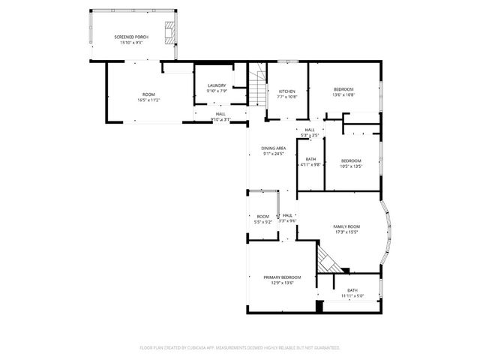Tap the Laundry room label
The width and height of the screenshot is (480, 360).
(x=217, y=85)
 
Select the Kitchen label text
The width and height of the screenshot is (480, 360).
(x=287, y=91)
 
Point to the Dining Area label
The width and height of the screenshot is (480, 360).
(x=273, y=148)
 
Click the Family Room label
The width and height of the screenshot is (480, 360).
(x=346, y=226)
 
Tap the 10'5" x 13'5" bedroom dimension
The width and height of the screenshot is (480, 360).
(x=351, y=166)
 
